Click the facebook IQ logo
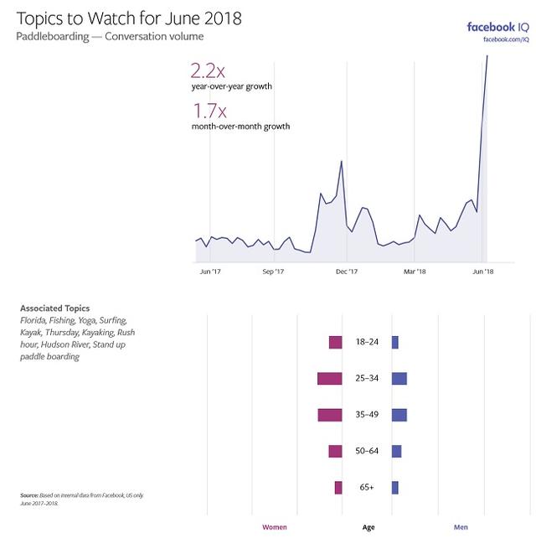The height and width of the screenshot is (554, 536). click(497, 26)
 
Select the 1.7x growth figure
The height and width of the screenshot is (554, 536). click(208, 111)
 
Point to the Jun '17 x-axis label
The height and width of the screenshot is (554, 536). click(210, 272)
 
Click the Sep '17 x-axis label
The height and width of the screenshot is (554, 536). click(274, 272)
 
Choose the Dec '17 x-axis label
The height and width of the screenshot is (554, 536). click(347, 272)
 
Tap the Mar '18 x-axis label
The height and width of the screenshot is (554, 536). click(415, 272)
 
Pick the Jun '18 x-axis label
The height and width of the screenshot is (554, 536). click(483, 272)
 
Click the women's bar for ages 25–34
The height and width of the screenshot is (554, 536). click(330, 379)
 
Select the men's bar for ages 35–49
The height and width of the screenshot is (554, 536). click(399, 415)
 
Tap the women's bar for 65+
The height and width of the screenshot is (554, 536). click(338, 488)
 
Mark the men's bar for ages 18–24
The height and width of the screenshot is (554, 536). click(395, 343)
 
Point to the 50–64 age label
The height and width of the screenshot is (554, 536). click(367, 451)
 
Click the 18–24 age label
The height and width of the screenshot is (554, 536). click(367, 343)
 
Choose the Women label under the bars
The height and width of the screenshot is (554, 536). click(275, 527)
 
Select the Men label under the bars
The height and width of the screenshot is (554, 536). click(461, 527)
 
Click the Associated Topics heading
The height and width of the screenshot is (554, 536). click(54, 308)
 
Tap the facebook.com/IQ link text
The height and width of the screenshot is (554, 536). click(506, 39)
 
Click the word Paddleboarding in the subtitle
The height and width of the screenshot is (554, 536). click(51, 36)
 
